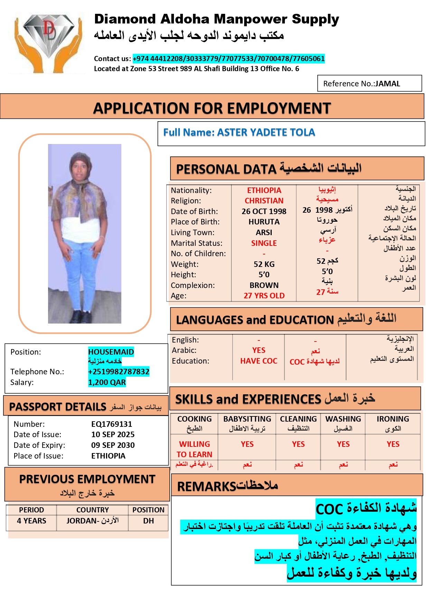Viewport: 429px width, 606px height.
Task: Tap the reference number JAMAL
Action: point(388,84)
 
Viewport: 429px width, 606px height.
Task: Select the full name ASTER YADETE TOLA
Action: point(266,132)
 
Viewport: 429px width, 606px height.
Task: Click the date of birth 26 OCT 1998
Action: point(264,211)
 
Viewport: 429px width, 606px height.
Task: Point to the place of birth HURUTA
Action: point(264,222)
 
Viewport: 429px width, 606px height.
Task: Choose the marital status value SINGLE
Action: point(264,243)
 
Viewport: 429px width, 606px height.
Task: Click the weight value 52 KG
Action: point(264,264)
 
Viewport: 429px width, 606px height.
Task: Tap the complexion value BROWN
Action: point(264,285)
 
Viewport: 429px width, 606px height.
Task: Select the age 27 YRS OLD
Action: point(264,296)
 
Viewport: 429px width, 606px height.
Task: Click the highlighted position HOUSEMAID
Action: point(111,352)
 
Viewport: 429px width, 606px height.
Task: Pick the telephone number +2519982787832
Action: point(119,372)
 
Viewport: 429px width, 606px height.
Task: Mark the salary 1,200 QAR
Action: point(107,382)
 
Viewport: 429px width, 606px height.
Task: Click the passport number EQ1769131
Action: point(112,424)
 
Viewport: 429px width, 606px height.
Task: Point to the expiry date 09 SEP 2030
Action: point(113,445)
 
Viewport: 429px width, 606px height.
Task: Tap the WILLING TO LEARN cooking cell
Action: point(194,449)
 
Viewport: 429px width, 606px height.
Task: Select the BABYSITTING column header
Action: point(247,419)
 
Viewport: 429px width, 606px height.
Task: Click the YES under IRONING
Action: point(393,444)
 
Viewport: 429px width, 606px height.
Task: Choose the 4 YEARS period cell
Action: point(31,521)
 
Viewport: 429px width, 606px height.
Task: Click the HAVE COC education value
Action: point(259,361)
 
